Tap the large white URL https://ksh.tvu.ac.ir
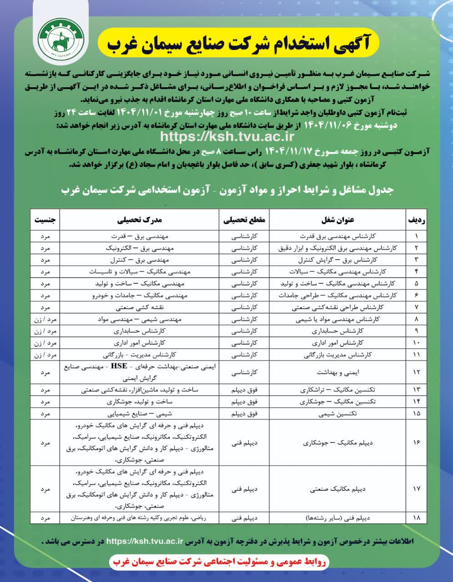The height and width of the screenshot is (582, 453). coord(227,135)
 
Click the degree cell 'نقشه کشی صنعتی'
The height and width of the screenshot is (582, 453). coord(140,307)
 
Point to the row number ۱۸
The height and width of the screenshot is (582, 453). coord(417,517)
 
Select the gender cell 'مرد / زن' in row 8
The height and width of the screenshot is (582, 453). coord(45,319)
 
